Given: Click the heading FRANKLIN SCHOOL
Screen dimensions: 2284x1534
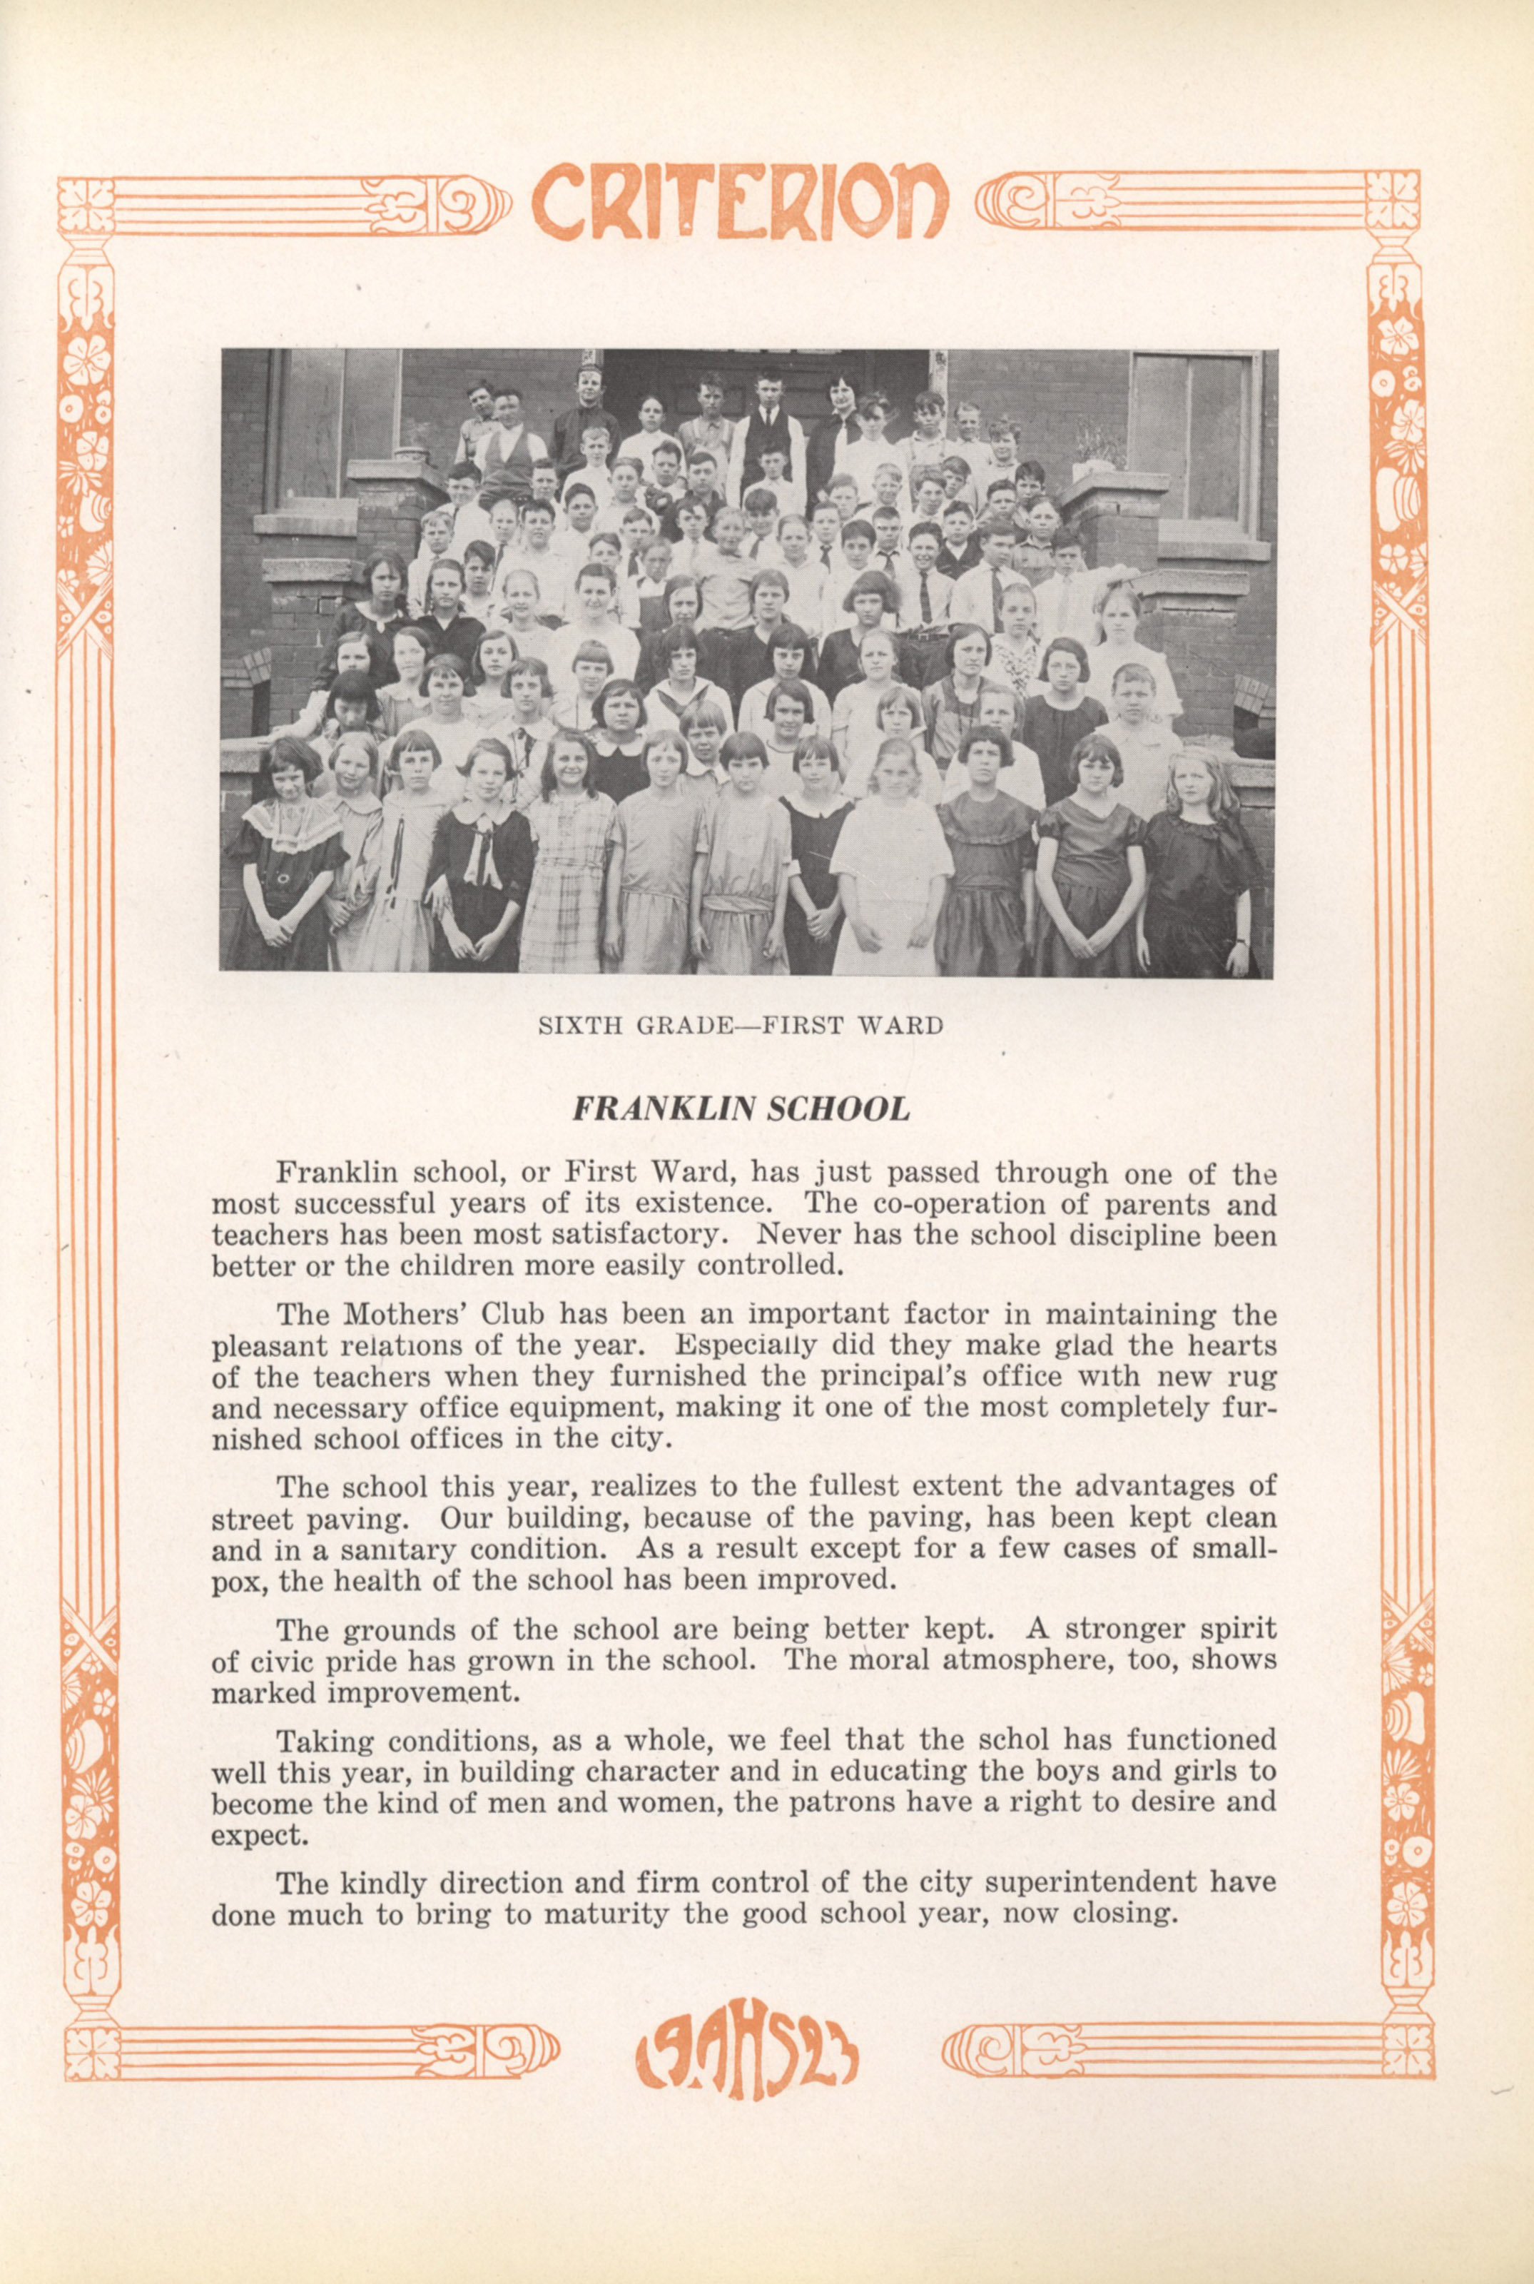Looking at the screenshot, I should click(x=741, y=1108).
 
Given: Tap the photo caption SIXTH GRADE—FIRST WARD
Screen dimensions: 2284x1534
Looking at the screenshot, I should click(x=741, y=1026).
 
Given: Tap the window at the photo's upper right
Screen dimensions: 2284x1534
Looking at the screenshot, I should click(x=1192, y=435).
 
